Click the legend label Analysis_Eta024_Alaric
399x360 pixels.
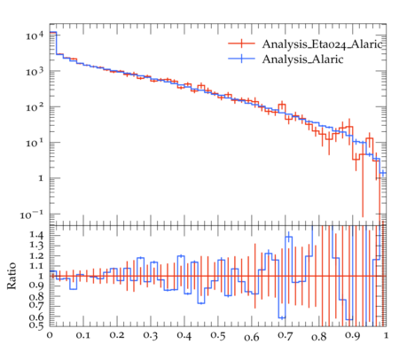click(x=323, y=44)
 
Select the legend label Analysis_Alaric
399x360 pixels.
click(x=302, y=59)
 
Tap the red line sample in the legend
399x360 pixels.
click(x=241, y=43)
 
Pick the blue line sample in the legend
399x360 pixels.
click(x=241, y=59)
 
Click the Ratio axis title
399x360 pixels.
click(x=12, y=276)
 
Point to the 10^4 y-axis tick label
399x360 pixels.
click(x=35, y=35)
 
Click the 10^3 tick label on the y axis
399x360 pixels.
click(x=35, y=71)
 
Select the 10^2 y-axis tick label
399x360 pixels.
click(x=35, y=107)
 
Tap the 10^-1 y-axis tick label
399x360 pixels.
click(x=32, y=215)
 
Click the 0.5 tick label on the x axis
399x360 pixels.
click(x=218, y=335)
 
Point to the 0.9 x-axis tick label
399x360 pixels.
click(x=353, y=335)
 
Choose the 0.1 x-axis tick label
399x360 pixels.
click(x=83, y=335)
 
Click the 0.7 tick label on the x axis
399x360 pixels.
click(x=286, y=335)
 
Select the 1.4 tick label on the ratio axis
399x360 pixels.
click(x=36, y=235)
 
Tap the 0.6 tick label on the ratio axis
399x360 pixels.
click(x=36, y=317)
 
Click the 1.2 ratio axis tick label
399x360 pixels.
click(x=36, y=255)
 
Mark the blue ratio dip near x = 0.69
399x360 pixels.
click(x=282, y=317)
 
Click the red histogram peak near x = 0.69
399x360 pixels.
click(x=282, y=105)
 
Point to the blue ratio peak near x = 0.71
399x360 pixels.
click(x=289, y=237)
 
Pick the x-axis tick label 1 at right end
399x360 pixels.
click(x=386, y=335)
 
